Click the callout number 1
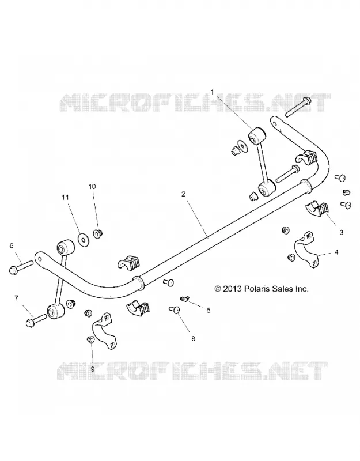tap(212, 92)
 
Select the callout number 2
tap(183, 194)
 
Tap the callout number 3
tap(341, 233)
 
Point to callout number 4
tap(336, 252)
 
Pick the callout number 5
tap(209, 310)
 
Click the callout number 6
tap(12, 245)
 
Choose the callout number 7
tap(16, 298)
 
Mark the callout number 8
tap(193, 339)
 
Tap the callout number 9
tap(93, 369)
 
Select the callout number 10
tap(92, 186)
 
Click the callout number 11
tap(65, 197)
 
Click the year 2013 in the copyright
tap(233, 289)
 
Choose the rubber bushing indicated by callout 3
tap(316, 207)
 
